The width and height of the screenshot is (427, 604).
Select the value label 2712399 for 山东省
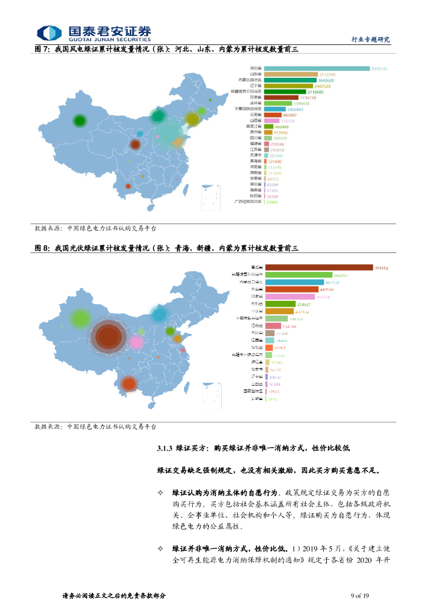click(x=327, y=74)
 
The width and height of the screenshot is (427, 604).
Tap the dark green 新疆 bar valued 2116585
click(x=285, y=92)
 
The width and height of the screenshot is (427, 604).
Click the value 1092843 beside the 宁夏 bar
click(x=295, y=109)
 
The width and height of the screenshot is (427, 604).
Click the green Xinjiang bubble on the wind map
click(x=79, y=121)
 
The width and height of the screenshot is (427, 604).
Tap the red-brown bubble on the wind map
click(x=135, y=144)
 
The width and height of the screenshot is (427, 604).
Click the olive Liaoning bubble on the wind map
click(x=192, y=119)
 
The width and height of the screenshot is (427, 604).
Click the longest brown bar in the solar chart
click(x=318, y=268)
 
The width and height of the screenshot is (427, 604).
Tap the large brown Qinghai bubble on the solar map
click(x=109, y=336)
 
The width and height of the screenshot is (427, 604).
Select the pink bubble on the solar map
click(x=136, y=342)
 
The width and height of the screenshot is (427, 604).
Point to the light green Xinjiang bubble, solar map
click(x=79, y=319)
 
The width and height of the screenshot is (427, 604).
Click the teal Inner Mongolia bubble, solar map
click(x=159, y=314)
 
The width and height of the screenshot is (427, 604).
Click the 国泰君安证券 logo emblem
click(x=50, y=33)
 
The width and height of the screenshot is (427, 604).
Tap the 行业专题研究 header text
click(x=370, y=39)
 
